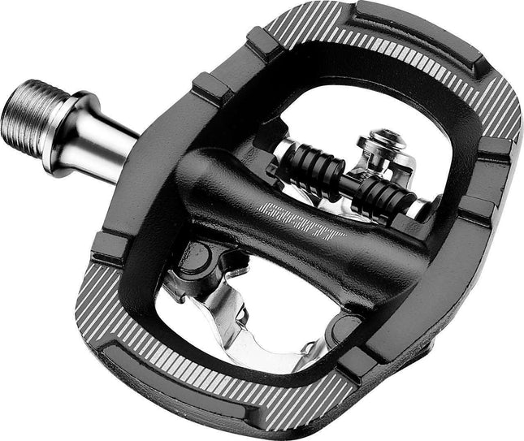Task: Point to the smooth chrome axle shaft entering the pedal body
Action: pyautogui.click(x=110, y=139)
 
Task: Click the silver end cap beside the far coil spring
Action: pyautogui.click(x=416, y=210)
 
